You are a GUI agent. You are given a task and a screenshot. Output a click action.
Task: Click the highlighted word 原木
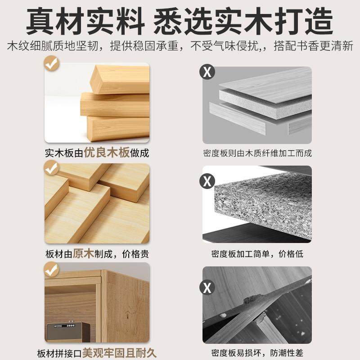83,253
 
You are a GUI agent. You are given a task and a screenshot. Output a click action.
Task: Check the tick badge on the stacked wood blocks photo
52,64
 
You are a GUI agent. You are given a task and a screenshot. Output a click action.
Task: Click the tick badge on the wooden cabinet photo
52,270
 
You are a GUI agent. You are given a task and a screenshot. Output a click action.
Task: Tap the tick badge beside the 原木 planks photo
52,168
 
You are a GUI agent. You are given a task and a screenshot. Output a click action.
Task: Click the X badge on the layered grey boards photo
207,72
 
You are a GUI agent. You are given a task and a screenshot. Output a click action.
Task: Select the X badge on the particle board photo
207,181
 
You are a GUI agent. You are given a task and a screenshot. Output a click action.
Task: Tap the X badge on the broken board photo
207,287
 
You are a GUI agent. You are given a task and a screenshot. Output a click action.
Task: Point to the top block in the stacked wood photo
119,78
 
